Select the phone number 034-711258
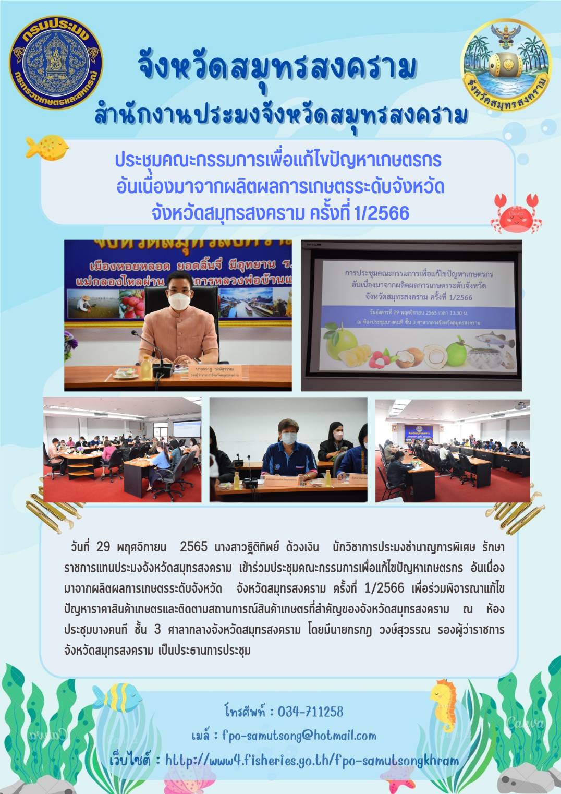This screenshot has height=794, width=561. [x=310, y=712]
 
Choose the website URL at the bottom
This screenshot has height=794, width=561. [x=312, y=760]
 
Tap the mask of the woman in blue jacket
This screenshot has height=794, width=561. [x=289, y=439]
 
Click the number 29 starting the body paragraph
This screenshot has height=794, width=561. [x=103, y=546]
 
